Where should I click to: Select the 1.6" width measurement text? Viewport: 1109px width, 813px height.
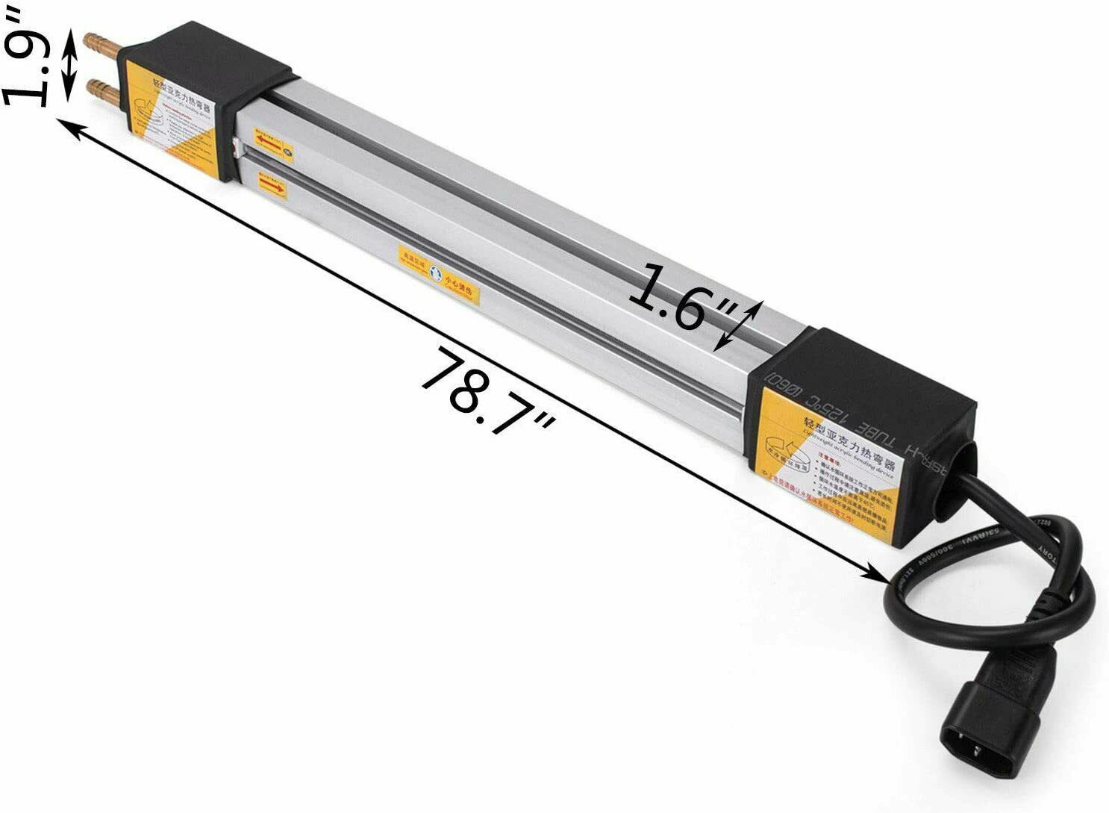[675, 297]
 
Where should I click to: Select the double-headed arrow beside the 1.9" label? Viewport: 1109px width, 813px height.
[69, 66]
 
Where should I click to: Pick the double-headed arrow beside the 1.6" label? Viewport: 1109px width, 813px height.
[738, 325]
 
